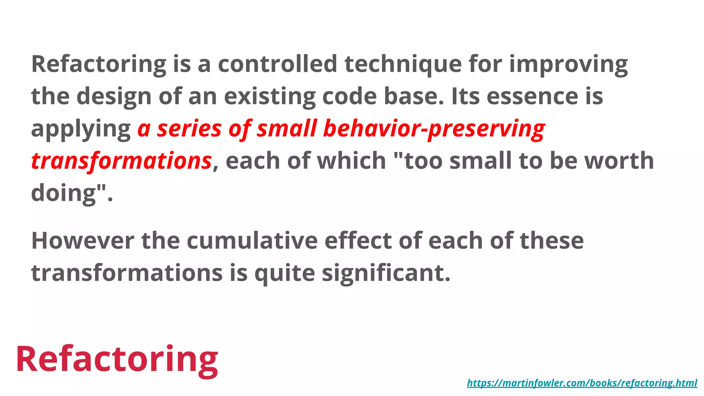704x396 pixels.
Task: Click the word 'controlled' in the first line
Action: [277, 64]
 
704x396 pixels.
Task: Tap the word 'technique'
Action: [403, 64]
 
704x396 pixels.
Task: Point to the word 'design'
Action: [114, 97]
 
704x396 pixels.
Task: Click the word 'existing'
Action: [269, 97]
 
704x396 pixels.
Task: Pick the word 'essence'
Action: [532, 96]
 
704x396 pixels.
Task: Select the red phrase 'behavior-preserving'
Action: [434, 129]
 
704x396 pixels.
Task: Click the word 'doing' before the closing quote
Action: [63, 193]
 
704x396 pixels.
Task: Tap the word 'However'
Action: [82, 241]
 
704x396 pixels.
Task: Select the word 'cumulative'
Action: [252, 241]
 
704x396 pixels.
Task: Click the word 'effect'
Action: [358, 241]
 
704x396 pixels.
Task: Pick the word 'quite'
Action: [285, 273]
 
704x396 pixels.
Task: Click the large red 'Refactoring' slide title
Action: [117, 359]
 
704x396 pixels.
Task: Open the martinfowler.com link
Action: [582, 383]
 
